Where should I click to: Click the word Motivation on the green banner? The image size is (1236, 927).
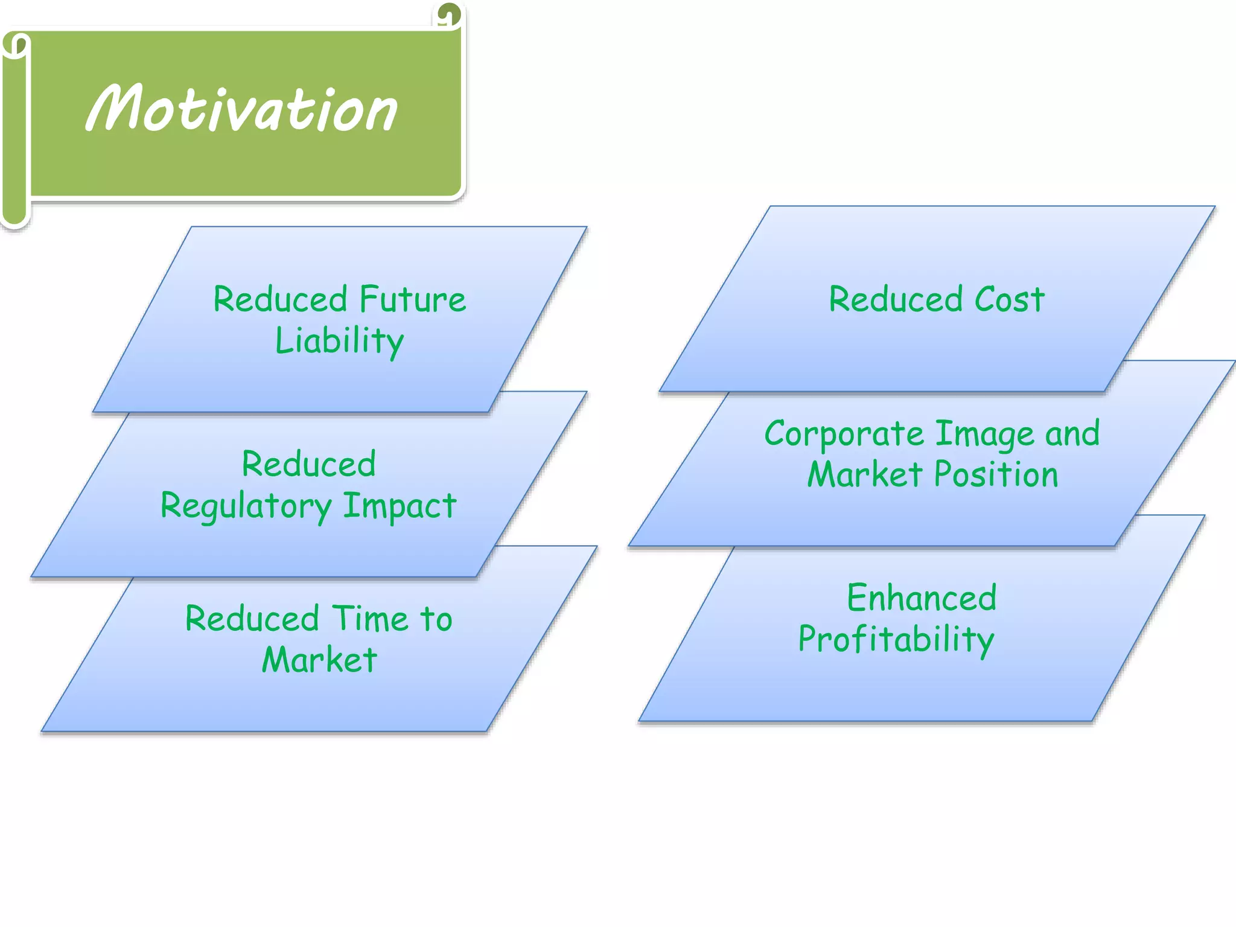click(x=241, y=109)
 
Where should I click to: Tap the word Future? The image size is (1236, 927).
click(x=413, y=299)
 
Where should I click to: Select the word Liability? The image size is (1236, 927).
click(x=339, y=341)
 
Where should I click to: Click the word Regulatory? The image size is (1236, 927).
click(x=246, y=506)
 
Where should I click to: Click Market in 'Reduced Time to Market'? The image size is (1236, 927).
click(x=319, y=659)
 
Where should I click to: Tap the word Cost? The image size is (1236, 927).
click(x=1009, y=299)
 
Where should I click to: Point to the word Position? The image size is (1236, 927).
click(x=996, y=474)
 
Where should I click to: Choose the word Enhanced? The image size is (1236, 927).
click(x=922, y=598)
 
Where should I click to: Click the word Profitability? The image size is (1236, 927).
click(x=896, y=640)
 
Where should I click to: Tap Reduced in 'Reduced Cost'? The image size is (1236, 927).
click(x=896, y=299)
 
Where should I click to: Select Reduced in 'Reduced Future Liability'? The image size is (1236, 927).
click(x=280, y=299)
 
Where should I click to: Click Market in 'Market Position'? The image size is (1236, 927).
click(x=865, y=474)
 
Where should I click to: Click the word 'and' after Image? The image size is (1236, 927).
click(x=1072, y=435)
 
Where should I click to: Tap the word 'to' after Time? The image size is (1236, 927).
click(x=436, y=619)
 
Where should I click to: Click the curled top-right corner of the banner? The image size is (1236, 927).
click(x=449, y=14)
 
